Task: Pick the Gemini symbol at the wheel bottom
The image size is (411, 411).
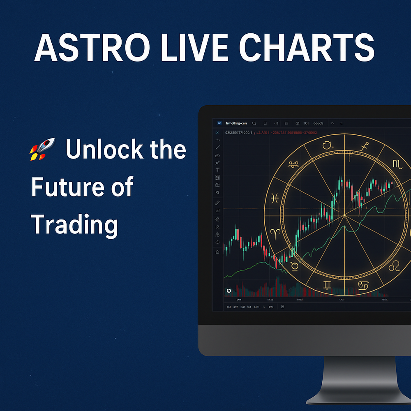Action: (328, 285)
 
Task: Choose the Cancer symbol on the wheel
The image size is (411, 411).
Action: (363, 284)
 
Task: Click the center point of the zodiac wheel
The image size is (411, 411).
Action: (344, 215)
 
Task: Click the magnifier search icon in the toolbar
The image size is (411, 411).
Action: (254, 123)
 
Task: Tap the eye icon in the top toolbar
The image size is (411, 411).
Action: (297, 123)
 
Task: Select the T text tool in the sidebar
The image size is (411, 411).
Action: (217, 170)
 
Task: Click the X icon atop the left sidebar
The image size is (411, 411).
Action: (217, 133)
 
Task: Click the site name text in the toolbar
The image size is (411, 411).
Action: (237, 123)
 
